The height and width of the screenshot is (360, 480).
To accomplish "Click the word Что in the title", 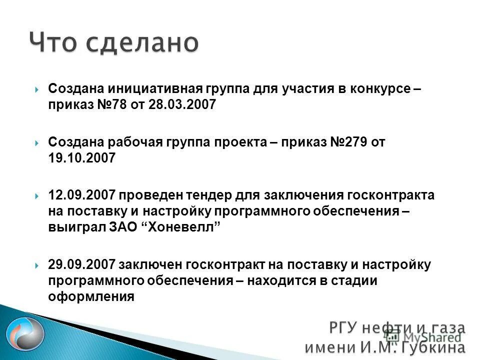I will tap(52, 43).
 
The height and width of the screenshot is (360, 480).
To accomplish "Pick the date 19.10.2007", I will tap(81, 158).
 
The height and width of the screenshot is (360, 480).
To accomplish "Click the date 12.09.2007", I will tap(81, 195).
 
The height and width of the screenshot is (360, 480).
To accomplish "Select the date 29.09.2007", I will tap(81, 265).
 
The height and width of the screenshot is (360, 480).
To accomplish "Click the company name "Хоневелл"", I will tap(185, 226).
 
